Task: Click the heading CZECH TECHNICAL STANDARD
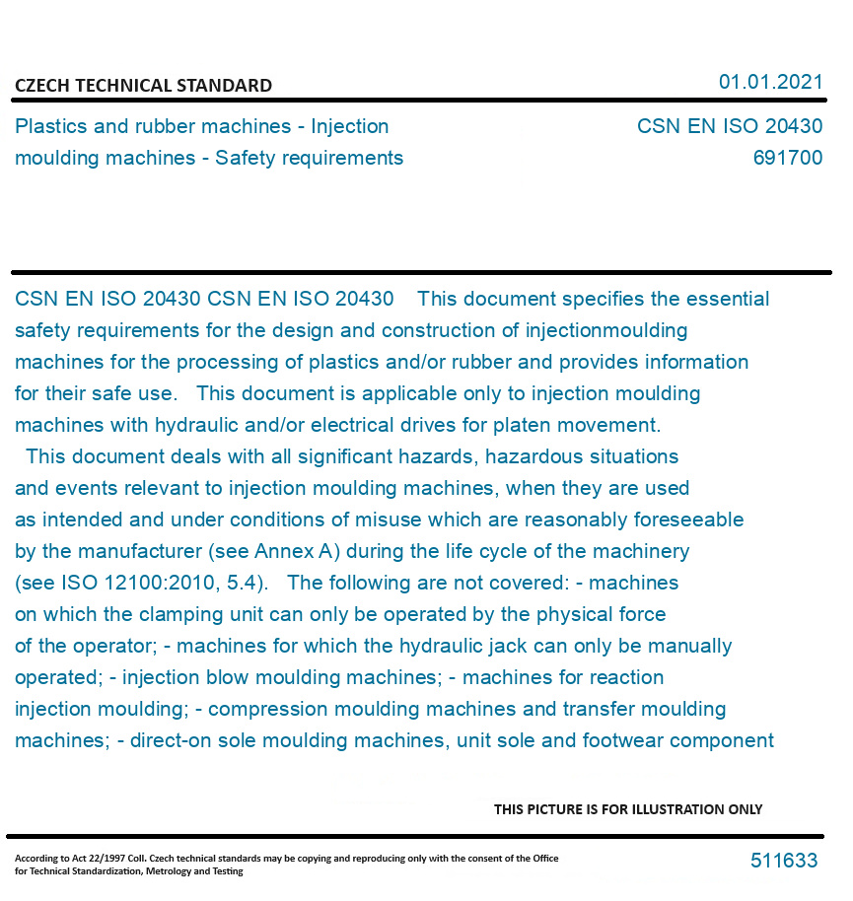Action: point(143,86)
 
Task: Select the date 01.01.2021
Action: point(770,82)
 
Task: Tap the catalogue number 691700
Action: point(787,158)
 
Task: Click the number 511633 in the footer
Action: point(784,861)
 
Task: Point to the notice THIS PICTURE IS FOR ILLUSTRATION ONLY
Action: point(628,809)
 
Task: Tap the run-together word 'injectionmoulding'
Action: point(605,330)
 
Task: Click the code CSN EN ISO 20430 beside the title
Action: point(729,126)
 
